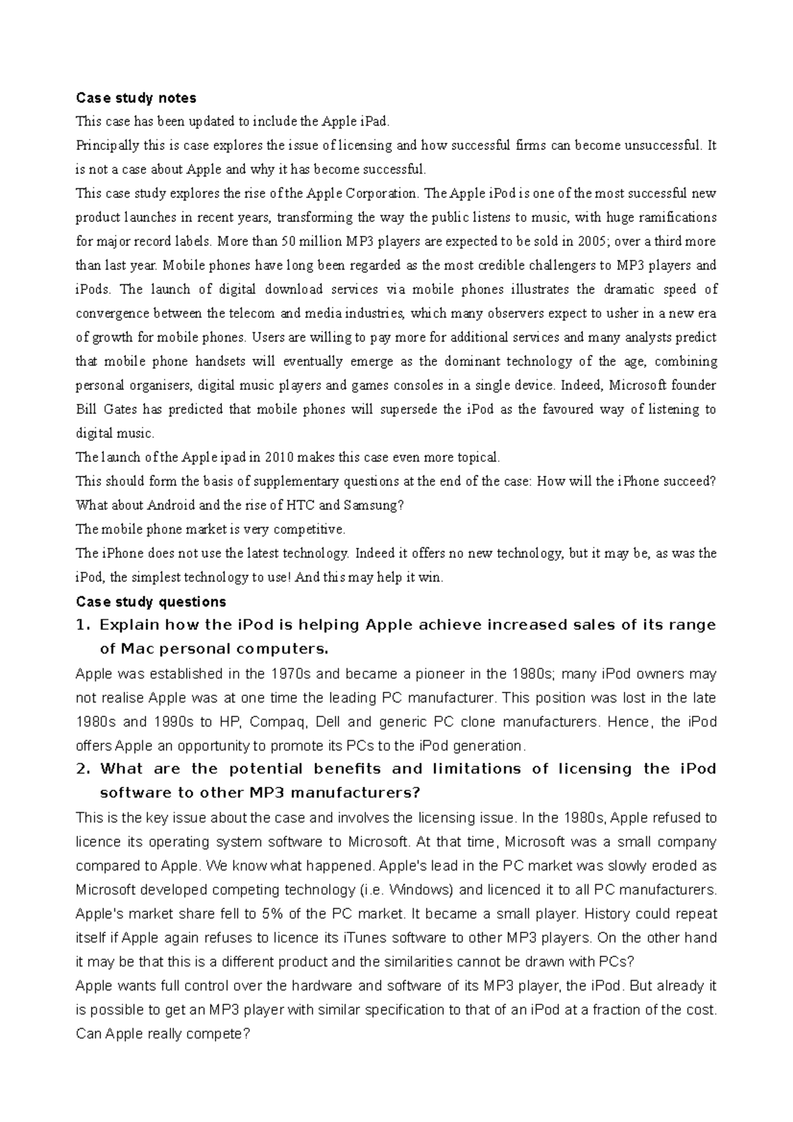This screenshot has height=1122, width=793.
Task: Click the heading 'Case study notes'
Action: [136, 98]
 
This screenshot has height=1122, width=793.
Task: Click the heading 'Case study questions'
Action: [151, 602]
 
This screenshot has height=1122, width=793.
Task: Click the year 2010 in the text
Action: [282, 457]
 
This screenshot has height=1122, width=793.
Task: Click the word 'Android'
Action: [170, 505]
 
